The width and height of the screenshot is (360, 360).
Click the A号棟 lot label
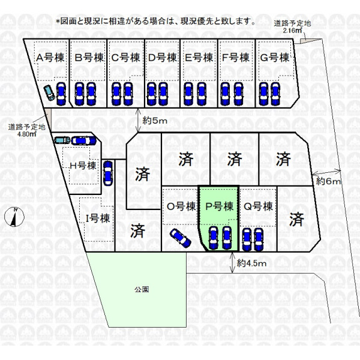click(50, 58)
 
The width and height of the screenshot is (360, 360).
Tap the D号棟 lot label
click(163, 58)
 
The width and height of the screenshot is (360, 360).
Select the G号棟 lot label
click(275, 58)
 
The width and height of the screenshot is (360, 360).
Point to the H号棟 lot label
click(83, 166)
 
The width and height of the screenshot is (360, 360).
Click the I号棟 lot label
click(98, 218)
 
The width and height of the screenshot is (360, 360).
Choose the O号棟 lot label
click(181, 206)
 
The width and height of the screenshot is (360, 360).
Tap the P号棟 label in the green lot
click(219, 206)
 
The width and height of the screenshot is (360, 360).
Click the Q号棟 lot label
click(258, 206)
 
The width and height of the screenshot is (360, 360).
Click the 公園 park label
click(142, 289)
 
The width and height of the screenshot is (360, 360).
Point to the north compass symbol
click(14, 217)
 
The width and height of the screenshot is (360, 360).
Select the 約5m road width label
click(155, 121)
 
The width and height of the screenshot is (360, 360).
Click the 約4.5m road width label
click(251, 263)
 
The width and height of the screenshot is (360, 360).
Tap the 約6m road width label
click(328, 182)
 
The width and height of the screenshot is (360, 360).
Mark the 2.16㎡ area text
click(293, 31)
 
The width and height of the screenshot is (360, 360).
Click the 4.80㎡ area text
click(27, 134)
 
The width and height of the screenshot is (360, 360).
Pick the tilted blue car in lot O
click(181, 238)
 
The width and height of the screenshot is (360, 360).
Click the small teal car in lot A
click(50, 92)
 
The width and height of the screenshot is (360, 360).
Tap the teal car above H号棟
click(62, 140)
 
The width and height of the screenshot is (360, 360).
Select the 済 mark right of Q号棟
click(296, 220)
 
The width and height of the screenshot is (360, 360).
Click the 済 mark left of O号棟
click(138, 231)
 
